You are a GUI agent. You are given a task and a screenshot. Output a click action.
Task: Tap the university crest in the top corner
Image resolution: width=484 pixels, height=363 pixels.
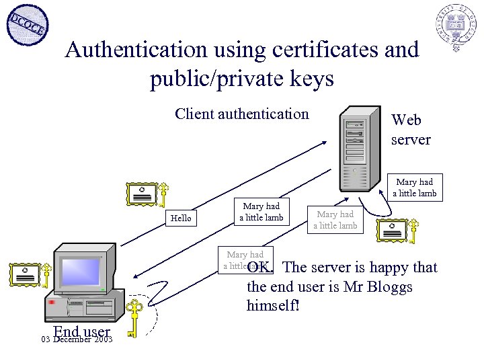click(455, 28)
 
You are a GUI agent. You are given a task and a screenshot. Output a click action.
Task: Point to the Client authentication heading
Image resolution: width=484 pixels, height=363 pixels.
click(241, 114)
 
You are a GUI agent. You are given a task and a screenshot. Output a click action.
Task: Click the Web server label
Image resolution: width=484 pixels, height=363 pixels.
click(411, 130)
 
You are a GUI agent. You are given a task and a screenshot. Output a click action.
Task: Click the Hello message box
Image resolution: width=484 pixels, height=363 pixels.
click(180, 218)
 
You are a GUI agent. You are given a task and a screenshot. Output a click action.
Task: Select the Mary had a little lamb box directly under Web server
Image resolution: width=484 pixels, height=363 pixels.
click(415, 188)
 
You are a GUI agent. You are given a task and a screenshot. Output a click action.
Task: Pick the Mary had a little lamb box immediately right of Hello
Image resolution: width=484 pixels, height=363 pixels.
click(261, 212)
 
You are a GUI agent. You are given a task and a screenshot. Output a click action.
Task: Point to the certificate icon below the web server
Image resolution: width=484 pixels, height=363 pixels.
click(393, 231)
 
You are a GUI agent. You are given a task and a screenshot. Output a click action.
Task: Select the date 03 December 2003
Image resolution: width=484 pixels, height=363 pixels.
click(76, 339)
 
